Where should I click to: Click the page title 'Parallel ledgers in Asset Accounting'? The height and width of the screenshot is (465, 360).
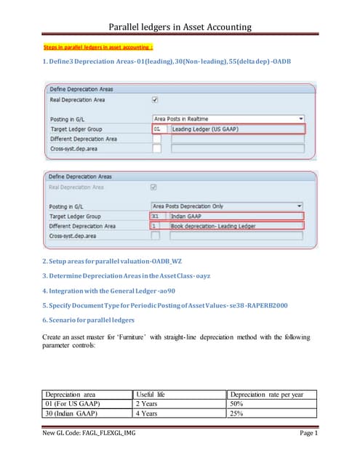[180, 27]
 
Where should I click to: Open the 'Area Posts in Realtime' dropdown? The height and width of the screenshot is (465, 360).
[228, 117]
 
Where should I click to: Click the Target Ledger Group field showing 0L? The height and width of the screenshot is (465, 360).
[158, 128]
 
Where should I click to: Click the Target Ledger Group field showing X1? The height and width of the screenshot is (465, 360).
[157, 216]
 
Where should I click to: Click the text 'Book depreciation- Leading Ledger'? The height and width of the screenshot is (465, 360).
[206, 226]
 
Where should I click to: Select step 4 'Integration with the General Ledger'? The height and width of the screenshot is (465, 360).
[109, 291]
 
